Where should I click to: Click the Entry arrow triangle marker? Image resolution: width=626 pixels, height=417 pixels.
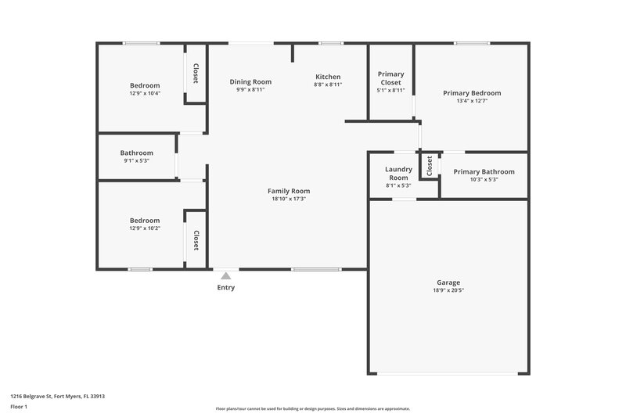225,275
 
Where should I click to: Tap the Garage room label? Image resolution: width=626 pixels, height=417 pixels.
448,282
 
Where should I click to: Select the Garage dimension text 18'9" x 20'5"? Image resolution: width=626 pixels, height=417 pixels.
448,290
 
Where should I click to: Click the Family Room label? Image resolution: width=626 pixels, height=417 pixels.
289,191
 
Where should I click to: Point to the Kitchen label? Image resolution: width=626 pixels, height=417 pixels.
328,77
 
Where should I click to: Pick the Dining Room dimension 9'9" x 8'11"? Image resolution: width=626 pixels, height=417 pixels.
250,90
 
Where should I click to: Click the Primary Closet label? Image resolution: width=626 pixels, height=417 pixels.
390,78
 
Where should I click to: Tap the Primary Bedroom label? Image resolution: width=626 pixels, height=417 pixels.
472,93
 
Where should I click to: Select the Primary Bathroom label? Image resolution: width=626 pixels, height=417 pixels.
484,171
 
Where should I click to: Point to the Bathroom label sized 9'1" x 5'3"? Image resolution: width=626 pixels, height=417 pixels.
136,153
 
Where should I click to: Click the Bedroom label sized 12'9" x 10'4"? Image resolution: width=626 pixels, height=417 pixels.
145,85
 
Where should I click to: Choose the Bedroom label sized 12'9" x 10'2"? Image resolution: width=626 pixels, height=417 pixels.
145,221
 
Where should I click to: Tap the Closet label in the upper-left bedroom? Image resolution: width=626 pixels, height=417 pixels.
196,74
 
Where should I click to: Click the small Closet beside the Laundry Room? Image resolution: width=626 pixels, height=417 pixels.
429,166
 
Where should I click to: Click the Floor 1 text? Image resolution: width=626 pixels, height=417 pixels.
19,408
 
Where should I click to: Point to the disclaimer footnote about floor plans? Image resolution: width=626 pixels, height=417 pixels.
312,408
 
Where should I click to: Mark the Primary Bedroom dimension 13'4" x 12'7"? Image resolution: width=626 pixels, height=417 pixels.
472,101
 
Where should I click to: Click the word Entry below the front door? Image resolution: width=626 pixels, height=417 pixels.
225,287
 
